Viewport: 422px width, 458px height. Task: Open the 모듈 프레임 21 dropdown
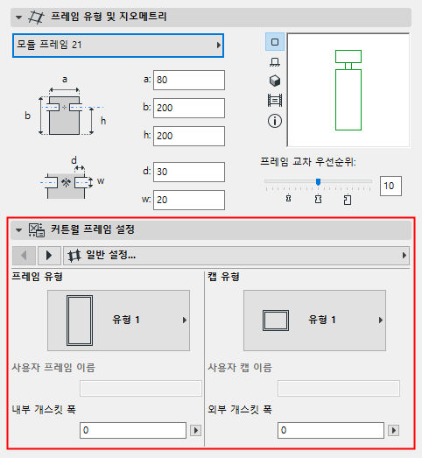(x=117, y=45)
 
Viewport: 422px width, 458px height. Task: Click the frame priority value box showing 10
(x=390, y=185)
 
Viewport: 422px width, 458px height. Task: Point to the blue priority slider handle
(x=318, y=182)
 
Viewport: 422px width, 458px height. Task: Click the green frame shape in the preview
(x=348, y=98)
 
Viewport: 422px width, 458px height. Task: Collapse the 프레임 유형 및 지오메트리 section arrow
(x=18, y=16)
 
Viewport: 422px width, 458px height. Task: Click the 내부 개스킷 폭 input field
(x=132, y=430)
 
